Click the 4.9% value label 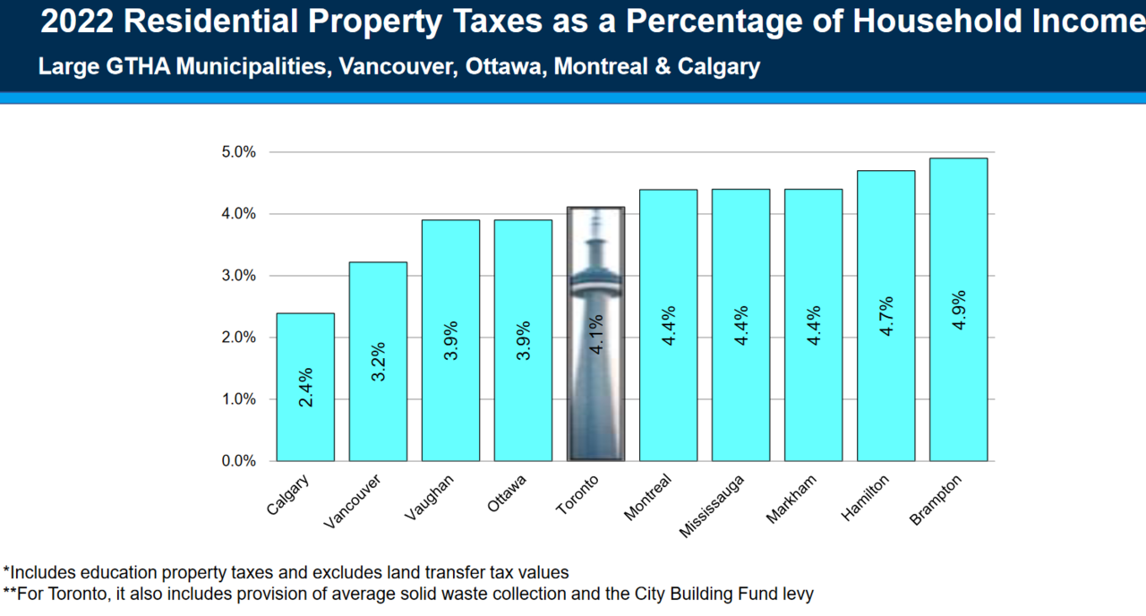coord(959,310)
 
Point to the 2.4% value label coord(305,387)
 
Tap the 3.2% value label coord(378,361)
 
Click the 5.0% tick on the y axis coord(239,152)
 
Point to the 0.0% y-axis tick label coord(239,461)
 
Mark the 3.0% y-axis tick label coord(239,276)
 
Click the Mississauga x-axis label coord(712,506)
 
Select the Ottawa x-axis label coord(507,493)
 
